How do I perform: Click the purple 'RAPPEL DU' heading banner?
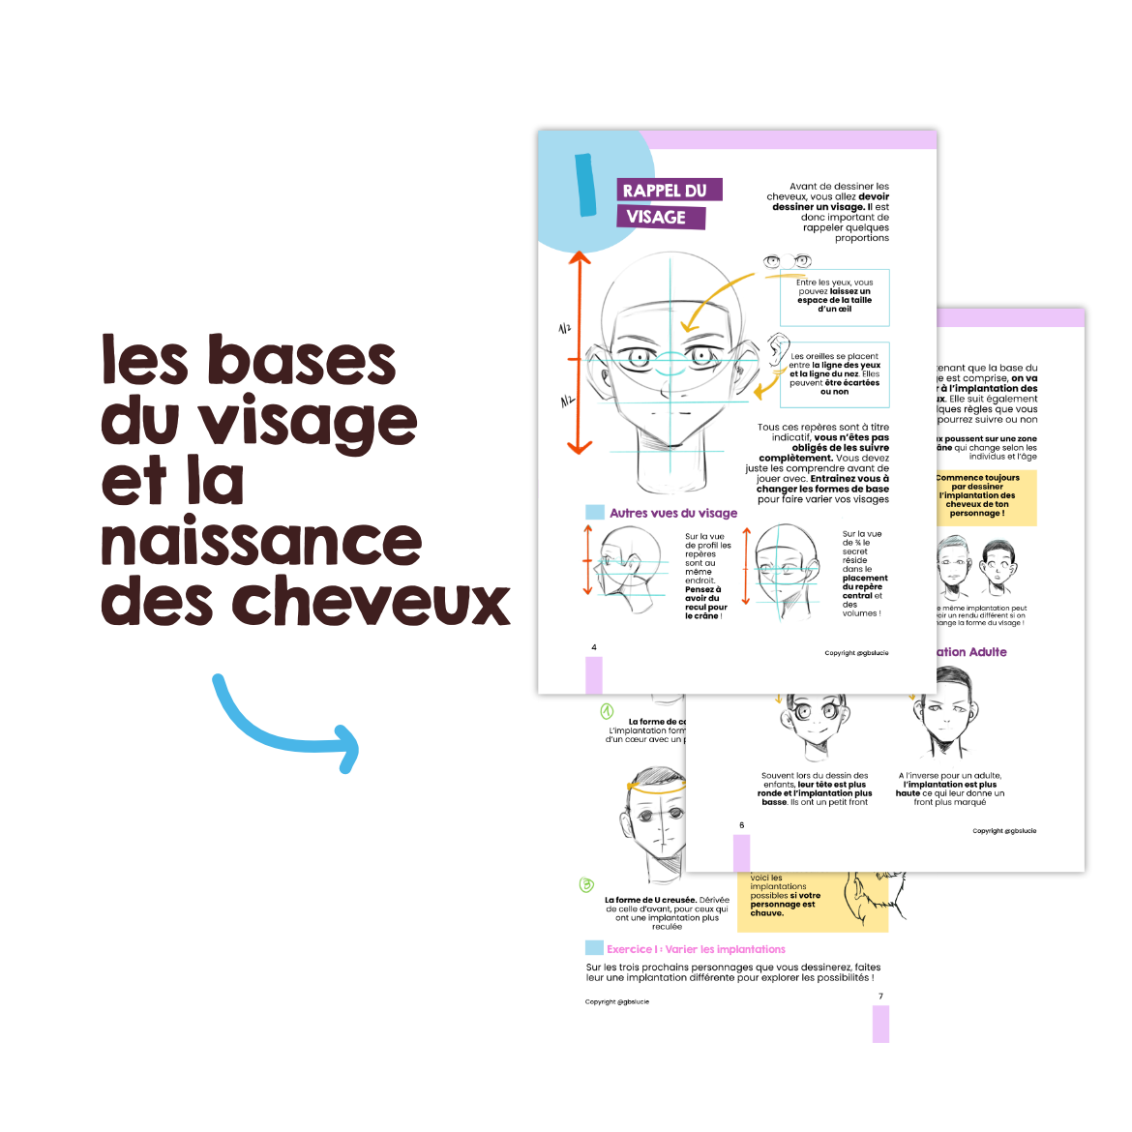click(x=669, y=191)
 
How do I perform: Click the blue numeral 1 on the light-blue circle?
click(x=585, y=184)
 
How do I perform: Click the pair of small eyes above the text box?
click(x=787, y=261)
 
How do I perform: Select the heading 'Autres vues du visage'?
click(x=672, y=513)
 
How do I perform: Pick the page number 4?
click(x=593, y=647)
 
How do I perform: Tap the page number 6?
click(x=741, y=825)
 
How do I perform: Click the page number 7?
click(x=880, y=996)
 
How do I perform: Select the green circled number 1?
click(x=607, y=712)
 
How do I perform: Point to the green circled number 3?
click(x=586, y=884)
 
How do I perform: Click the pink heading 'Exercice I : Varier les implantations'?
click(x=696, y=949)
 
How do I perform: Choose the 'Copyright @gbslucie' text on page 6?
click(x=1004, y=830)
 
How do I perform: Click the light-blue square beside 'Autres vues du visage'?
click(x=594, y=512)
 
